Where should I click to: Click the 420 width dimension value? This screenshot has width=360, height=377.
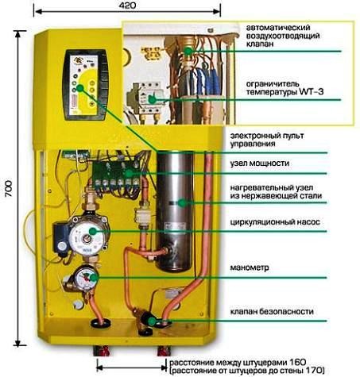coord(127,6)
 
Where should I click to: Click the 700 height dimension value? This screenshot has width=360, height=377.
coord(9,188)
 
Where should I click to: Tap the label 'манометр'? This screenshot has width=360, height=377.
coord(250,267)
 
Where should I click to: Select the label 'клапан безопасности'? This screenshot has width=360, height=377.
coord(272,311)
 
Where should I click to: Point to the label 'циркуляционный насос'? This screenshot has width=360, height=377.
coord(275,221)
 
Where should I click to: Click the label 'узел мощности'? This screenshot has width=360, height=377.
coord(260,163)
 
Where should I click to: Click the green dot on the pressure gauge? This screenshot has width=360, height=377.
coord(93,278)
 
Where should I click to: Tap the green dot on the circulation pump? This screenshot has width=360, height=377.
coord(93,231)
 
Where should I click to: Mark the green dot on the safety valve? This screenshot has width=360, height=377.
coord(152,321)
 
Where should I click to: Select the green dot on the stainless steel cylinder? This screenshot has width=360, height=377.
coord(182,203)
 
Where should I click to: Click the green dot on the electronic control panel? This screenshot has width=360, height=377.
coord(79,88)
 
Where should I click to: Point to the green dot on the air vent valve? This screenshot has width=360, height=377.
coord(188,51)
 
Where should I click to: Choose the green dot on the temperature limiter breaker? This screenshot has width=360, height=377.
coord(152,100)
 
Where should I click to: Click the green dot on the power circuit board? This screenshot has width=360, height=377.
coord(129,174)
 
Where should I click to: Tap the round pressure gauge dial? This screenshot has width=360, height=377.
coord(85,279)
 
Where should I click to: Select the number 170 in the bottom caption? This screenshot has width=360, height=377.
coord(314,370)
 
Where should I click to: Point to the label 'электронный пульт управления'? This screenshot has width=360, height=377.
coord(267,140)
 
